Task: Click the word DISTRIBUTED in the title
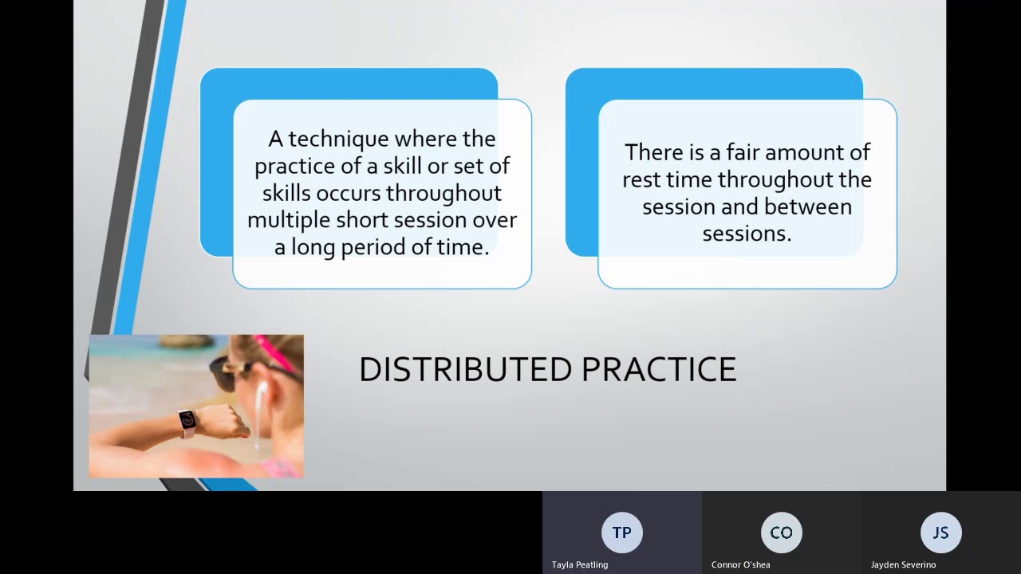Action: click(465, 370)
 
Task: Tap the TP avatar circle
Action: click(621, 533)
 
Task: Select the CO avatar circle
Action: click(781, 533)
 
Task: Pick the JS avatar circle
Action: click(940, 533)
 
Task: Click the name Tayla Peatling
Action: click(580, 564)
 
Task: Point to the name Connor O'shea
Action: click(740, 564)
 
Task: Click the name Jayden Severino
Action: click(903, 564)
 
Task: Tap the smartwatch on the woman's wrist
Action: click(187, 420)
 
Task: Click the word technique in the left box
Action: click(338, 140)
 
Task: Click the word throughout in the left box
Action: click(443, 194)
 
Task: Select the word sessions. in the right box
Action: click(747, 234)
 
